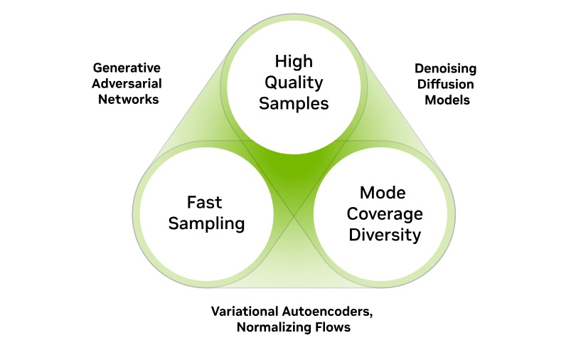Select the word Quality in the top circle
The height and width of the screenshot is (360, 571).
294,83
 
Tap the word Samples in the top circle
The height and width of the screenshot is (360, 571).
294,103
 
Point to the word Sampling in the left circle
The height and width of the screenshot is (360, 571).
206,223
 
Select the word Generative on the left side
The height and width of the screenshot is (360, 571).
126,69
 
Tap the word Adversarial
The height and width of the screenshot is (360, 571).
126,84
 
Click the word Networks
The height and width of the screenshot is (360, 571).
126,100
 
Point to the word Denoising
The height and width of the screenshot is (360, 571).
447,69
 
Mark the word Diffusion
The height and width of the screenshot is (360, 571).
447,84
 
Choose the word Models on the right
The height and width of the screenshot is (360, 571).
447,100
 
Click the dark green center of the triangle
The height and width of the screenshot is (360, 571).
293,171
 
